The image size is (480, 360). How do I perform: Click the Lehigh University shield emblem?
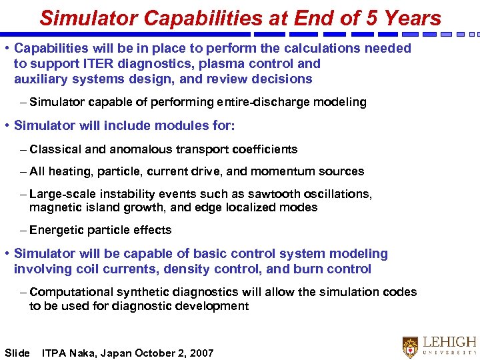click(410, 347)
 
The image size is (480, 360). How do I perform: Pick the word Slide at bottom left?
click(17, 353)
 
